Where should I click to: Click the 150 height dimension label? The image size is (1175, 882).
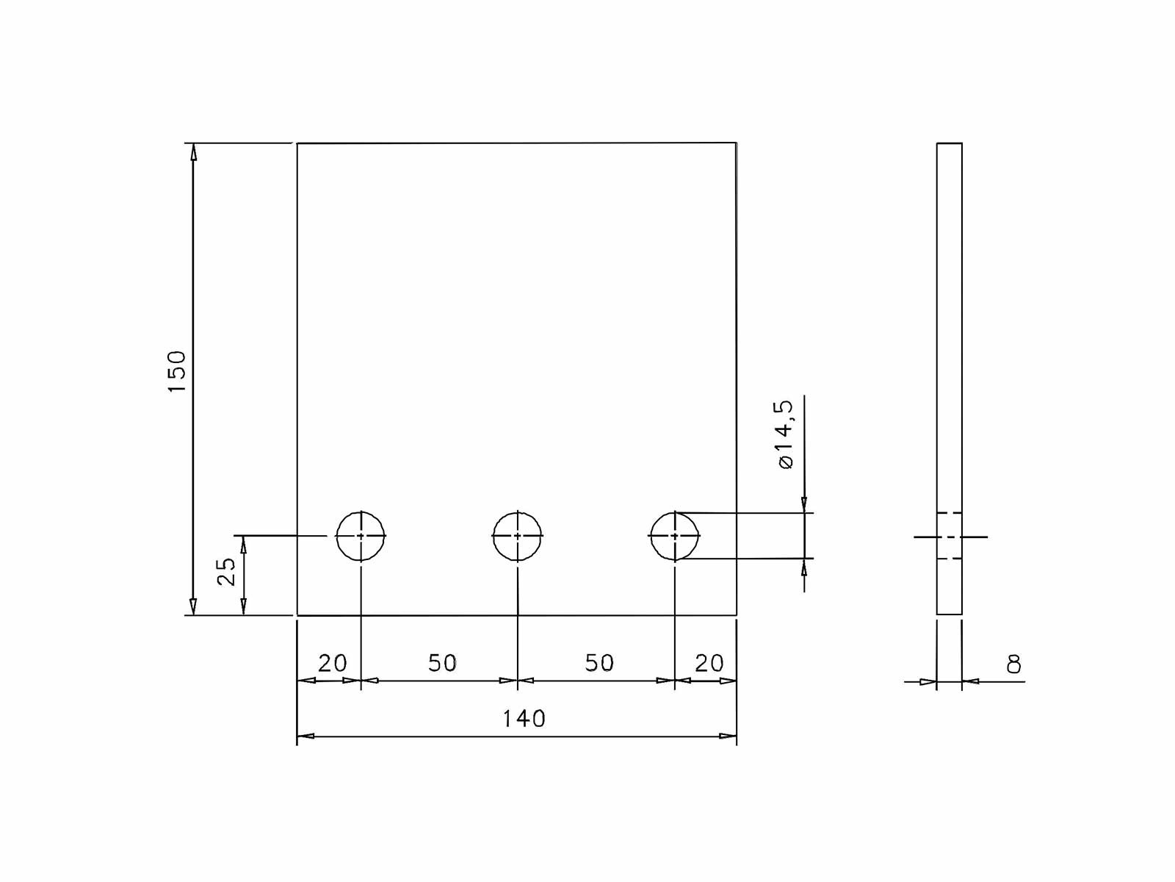177,371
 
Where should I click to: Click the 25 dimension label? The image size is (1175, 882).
227,571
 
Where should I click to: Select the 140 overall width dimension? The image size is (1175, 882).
524,718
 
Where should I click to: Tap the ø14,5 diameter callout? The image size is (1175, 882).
784,434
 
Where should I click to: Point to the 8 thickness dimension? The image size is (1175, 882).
1013,664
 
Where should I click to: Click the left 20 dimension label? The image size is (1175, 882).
332,663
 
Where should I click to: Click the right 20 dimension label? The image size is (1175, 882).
709,663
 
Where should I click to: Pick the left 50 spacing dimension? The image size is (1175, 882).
442,663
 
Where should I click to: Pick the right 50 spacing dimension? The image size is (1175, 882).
599,663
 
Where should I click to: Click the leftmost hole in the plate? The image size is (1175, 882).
361,536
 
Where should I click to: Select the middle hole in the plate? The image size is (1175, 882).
518,536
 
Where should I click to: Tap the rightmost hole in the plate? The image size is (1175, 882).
675,536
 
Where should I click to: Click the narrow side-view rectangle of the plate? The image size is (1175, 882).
949,331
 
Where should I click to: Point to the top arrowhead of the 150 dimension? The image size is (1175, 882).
193,151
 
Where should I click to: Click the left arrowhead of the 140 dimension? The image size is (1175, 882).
305,736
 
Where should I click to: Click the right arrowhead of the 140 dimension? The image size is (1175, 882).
728,736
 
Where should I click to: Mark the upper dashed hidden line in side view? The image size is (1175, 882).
949,512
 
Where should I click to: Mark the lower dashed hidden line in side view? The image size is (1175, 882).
949,559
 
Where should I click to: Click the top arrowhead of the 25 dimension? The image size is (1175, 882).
244,544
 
